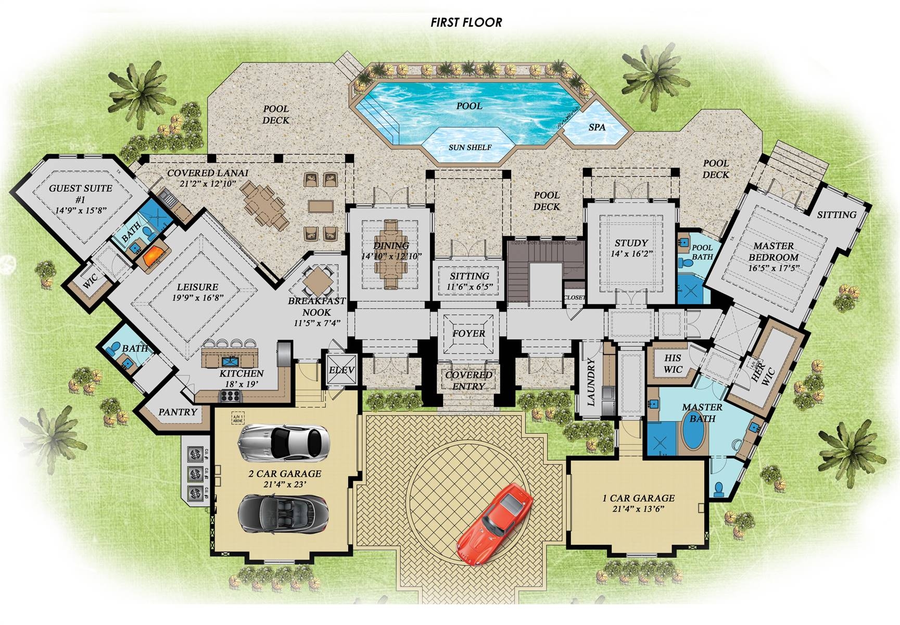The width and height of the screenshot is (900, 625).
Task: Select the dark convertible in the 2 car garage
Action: coord(283,513)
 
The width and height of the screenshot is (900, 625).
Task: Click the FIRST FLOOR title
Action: coord(466,22)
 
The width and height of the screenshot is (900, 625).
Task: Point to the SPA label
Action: coord(597,127)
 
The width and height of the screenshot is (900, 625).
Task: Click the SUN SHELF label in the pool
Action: coord(470,147)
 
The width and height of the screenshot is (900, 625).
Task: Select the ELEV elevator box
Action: coord(342,370)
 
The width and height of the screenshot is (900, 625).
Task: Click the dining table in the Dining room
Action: coord(391,254)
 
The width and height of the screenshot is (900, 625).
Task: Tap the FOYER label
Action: coord(468,333)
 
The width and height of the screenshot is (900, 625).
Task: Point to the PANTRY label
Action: coord(178,412)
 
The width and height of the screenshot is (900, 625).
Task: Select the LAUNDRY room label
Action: coord(591,381)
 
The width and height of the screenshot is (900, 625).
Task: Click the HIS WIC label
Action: coord(673,364)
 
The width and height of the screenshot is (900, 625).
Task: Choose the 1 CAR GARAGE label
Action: coord(638,498)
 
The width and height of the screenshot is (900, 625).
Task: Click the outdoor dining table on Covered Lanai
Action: coord(265,204)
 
